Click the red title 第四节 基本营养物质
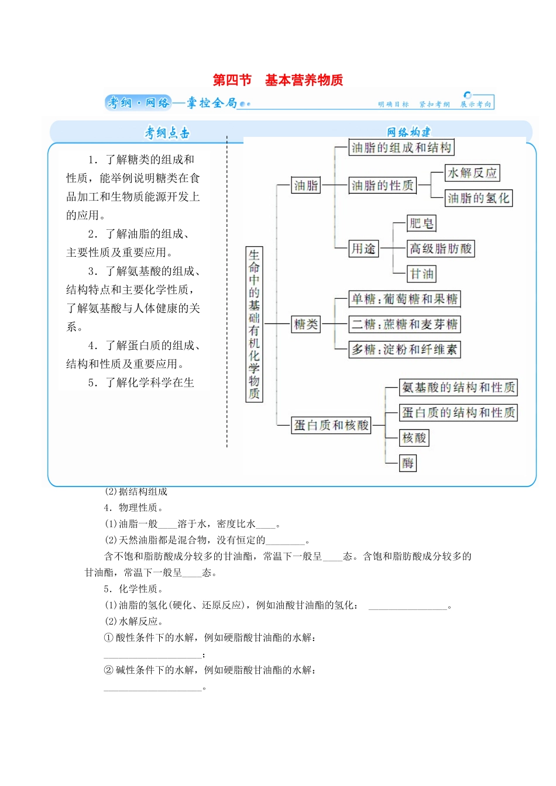pos(277,80)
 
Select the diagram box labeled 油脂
pos(306,185)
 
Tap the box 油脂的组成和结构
pos(401,147)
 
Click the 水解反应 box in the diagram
pos(472,173)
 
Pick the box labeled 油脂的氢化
pos(478,198)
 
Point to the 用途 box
pos(363,249)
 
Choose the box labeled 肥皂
pos(421,223)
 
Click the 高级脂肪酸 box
pos(440,249)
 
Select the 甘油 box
pos(421,274)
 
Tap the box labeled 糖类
pos(306,324)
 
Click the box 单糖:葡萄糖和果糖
pos(404,299)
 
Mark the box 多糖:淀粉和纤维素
pos(404,350)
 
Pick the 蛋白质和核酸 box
pos(331,425)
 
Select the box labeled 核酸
pos(414,437)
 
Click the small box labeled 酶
pos(408,463)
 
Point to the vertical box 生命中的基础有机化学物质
pos(254,324)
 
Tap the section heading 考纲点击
pos(167,133)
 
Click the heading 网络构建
pos(408,132)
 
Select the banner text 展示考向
pos(475,104)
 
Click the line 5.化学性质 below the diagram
pos(133,589)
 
